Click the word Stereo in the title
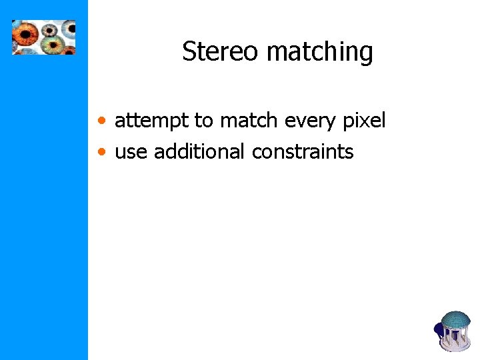(x=213, y=51)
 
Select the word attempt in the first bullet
(x=151, y=121)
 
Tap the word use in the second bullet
(x=131, y=152)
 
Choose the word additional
(x=200, y=151)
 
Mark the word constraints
(x=303, y=152)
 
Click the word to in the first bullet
(x=203, y=121)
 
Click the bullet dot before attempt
(x=101, y=121)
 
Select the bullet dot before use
(x=101, y=153)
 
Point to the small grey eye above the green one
(x=51, y=29)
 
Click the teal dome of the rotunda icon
(x=456, y=320)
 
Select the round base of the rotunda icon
(x=456, y=346)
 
